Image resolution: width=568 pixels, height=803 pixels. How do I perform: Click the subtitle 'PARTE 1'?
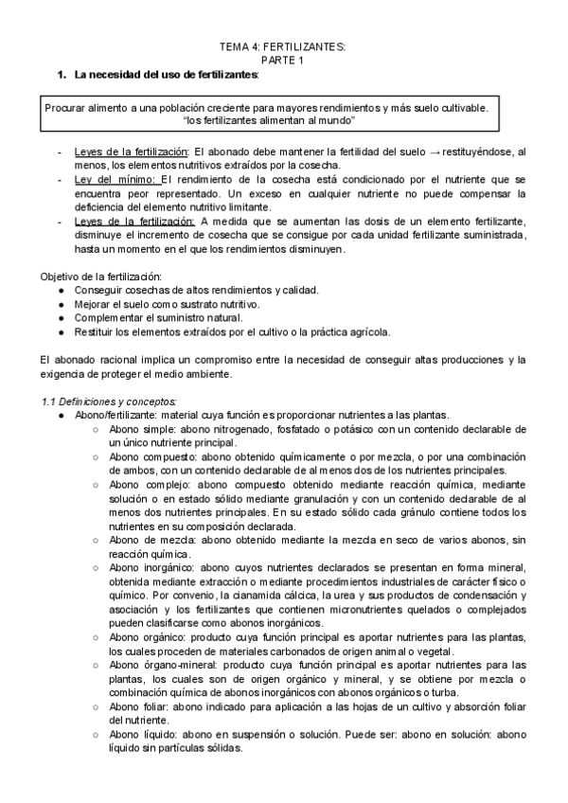(283, 60)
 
